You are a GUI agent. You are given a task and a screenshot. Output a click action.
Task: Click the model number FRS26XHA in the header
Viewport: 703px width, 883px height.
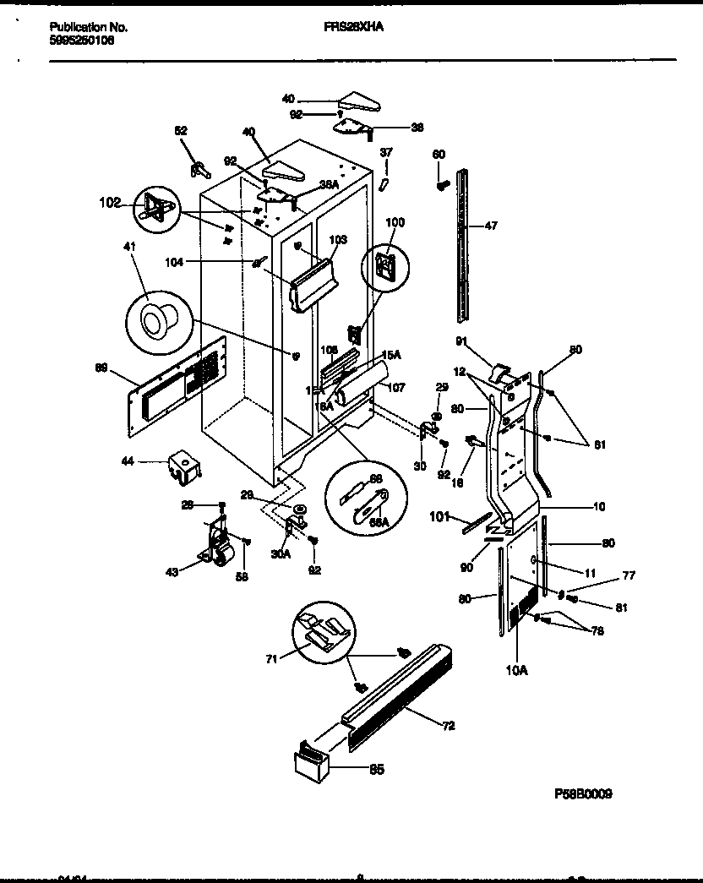(x=353, y=27)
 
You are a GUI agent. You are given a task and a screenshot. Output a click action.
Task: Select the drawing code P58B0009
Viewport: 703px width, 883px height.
(x=583, y=794)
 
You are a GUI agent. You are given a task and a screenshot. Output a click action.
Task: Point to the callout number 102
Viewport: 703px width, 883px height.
(x=111, y=203)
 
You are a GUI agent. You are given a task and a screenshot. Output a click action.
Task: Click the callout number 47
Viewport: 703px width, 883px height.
(x=491, y=226)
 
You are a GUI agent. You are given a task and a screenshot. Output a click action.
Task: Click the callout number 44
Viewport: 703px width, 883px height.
(x=129, y=461)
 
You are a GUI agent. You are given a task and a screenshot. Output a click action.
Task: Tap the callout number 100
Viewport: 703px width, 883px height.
(x=395, y=222)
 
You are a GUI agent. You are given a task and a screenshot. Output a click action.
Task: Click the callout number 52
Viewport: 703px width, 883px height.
(x=181, y=131)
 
